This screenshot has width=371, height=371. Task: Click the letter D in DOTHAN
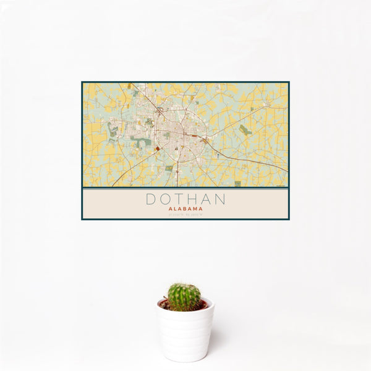[x=150, y=200]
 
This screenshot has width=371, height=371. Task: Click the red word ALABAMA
[x=185, y=209]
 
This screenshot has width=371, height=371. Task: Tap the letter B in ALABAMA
[x=184, y=209]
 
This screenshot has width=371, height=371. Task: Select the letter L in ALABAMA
[x=174, y=209]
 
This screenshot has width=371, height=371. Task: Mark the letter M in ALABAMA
[x=196, y=209]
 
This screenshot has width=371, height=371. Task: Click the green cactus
[x=184, y=297]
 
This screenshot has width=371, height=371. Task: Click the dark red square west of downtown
[x=157, y=148]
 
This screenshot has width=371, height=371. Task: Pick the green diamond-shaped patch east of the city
[x=245, y=130]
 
